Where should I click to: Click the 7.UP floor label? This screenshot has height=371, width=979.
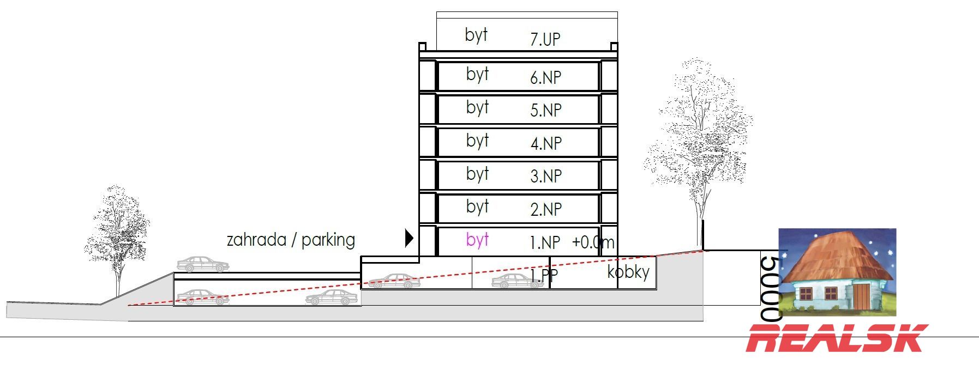pos(545,39)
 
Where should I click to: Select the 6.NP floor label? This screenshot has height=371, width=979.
pos(545,77)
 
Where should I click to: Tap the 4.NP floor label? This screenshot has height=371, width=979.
pos(546,143)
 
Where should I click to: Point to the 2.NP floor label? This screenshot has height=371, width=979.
pos(546,209)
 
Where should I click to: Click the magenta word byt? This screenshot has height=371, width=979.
pos(477,240)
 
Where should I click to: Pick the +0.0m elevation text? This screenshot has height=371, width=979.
pos(593,242)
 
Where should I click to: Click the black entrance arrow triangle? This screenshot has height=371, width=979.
pos(409,238)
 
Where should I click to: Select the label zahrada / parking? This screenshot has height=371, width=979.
pos(291,240)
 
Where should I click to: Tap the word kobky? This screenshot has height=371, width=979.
pos(628,272)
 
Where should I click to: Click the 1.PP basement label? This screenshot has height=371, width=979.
pos(544,275)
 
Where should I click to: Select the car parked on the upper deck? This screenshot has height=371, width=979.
pos(203,264)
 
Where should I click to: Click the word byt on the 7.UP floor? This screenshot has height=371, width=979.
pos(476,35)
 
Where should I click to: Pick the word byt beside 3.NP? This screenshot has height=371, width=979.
pos(477,174)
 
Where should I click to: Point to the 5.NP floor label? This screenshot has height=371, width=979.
pos(546,110)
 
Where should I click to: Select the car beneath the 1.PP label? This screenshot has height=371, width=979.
pos(516,282)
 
